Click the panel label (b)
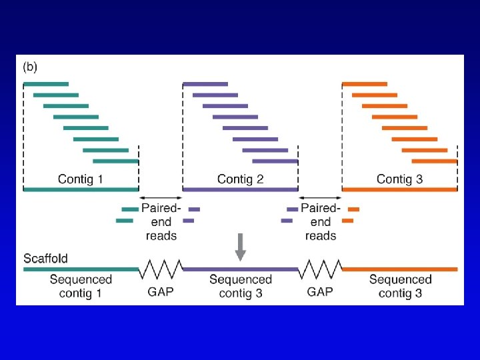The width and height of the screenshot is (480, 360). pos(31,67)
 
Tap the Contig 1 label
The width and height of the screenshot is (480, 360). pos(81,179)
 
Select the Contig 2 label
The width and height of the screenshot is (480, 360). pos(240,179)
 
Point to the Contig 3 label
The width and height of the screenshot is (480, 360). pos(399,179)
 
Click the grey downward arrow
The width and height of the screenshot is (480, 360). pos(241,247)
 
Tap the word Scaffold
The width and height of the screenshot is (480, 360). pos(45,258)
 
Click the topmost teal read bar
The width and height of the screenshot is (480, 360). pos(46,84)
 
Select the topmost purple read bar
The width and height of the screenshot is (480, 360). pos(205,84)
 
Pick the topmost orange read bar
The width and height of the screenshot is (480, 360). pos(365,84)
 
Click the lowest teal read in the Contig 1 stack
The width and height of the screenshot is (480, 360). pos(115,161)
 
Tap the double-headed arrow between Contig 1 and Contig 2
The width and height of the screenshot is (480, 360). pos(161,197)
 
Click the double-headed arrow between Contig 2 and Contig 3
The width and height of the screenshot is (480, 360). pos(320,197)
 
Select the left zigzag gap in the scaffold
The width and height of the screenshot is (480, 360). pos(161,269)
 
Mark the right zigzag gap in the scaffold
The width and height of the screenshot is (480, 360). pos(320,269)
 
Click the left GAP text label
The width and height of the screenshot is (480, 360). pos(161,292)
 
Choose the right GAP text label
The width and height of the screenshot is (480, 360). pos(320,292)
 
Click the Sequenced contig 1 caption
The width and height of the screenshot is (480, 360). pos(81,286)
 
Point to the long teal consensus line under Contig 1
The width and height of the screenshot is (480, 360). pos(81,189)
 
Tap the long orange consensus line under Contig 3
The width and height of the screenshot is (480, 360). pos(399,189)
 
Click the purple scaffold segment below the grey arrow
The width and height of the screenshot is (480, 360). pos(241,269)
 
